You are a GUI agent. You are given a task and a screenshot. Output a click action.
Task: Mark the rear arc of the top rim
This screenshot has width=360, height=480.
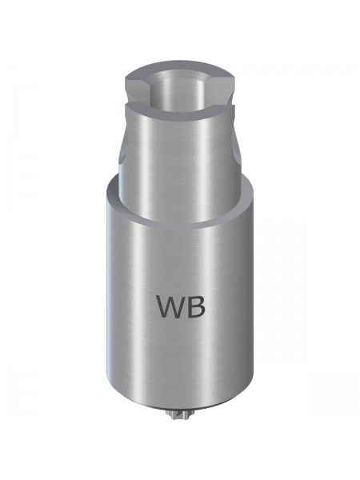(x=180, y=67)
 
